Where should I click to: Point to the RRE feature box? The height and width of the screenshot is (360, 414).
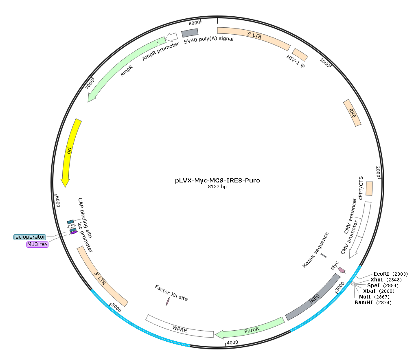coord(352,113)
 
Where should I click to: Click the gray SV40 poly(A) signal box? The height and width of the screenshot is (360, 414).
coord(190,33)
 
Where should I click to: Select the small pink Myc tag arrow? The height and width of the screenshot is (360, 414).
coord(342,270)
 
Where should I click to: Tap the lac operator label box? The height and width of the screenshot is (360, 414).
coord(30,237)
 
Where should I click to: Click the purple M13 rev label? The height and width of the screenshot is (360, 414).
coord(37,244)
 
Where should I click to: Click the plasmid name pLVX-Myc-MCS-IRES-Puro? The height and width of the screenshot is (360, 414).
coord(217,180)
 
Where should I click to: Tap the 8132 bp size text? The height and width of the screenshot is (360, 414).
coord(217,187)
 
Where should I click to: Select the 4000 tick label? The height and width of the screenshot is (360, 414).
coord(232,342)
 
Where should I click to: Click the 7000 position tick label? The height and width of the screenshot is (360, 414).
coord(90,84)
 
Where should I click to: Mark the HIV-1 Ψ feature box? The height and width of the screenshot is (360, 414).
coord(300,55)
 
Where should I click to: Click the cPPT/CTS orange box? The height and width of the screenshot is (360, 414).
coord(369,189)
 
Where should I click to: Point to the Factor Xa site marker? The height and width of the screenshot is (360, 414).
coord(167,302)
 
